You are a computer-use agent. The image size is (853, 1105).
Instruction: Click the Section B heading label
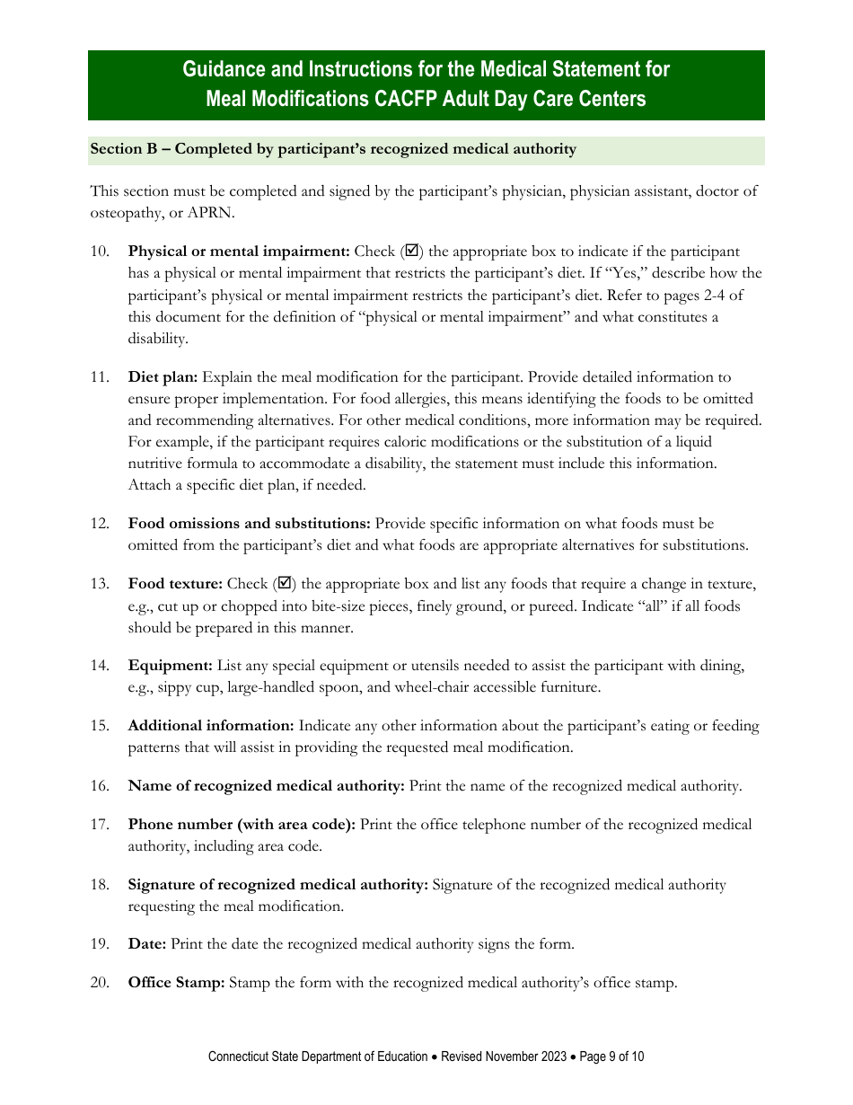pos(333,149)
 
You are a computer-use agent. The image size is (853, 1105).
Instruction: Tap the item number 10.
pos(100,252)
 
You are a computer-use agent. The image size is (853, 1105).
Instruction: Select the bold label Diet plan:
pos(163,377)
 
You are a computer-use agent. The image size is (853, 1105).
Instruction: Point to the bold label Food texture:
pos(175,585)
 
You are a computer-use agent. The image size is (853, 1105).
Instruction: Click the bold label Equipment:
pos(170,666)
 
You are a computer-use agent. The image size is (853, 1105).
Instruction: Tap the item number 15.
pos(100,726)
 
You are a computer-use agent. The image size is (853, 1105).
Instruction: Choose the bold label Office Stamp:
pos(176,983)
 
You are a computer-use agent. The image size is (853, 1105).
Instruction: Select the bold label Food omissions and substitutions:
pos(249,524)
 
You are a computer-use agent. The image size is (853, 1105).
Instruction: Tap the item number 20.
pos(100,983)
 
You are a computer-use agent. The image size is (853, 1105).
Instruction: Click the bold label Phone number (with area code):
pos(242,825)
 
